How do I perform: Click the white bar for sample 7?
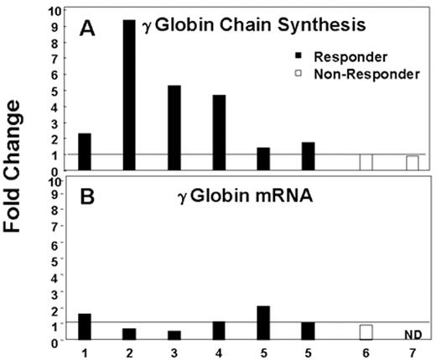412,162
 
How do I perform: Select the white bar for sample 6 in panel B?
366,331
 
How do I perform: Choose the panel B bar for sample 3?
175,334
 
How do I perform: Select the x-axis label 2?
130,352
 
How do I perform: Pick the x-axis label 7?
412,352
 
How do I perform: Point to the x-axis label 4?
220,352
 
